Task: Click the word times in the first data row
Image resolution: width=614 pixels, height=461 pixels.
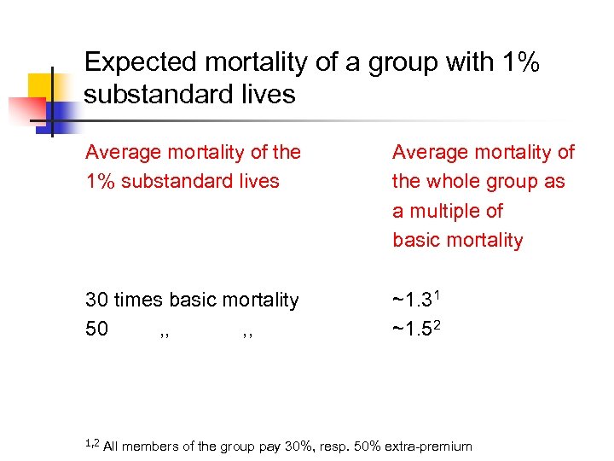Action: pos(140,300)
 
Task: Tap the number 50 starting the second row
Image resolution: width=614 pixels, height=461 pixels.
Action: pos(97,329)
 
